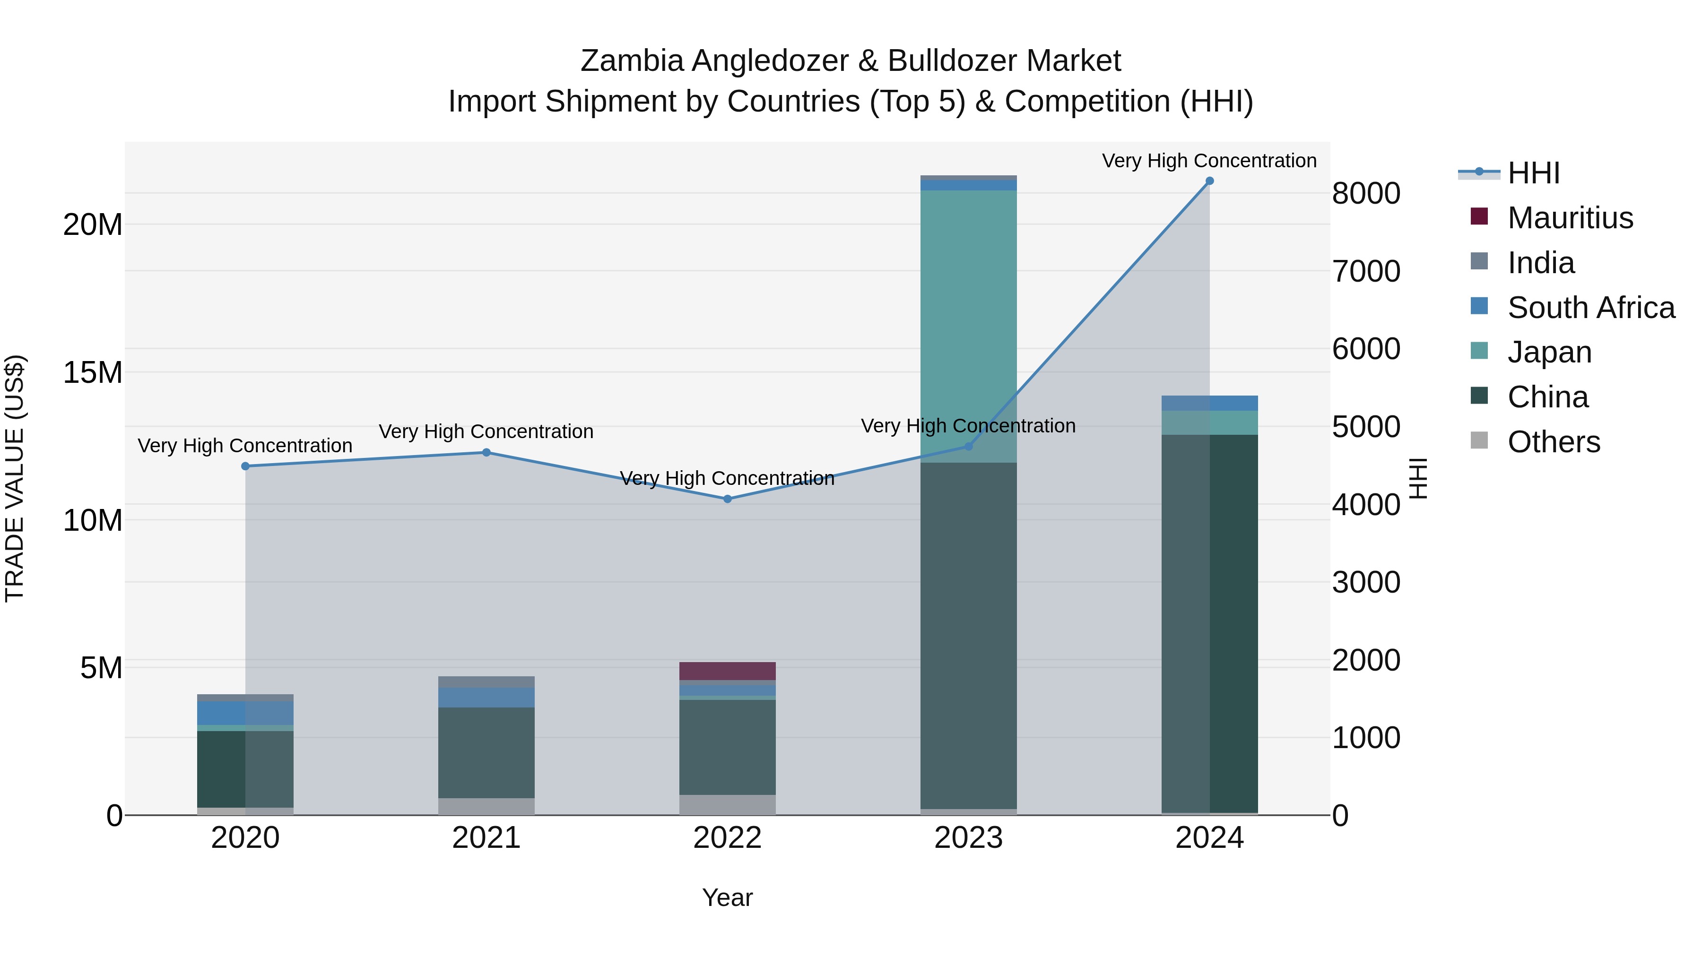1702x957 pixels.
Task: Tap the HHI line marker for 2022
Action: click(728, 500)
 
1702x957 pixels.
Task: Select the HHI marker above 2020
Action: click(245, 466)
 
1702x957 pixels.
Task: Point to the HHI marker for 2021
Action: click(486, 452)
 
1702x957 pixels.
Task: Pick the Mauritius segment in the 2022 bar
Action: click(728, 671)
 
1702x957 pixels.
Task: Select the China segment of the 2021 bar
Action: click(486, 753)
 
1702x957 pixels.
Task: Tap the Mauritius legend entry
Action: click(1570, 218)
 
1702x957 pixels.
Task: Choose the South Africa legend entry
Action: click(1590, 308)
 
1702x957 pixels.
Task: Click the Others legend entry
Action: click(1554, 442)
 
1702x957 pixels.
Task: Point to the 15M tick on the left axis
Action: click(93, 372)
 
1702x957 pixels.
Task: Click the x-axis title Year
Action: click(728, 897)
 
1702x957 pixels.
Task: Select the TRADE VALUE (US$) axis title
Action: click(15, 478)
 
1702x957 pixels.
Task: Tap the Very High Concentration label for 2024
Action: click(1209, 161)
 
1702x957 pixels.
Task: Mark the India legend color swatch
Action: click(1479, 261)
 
